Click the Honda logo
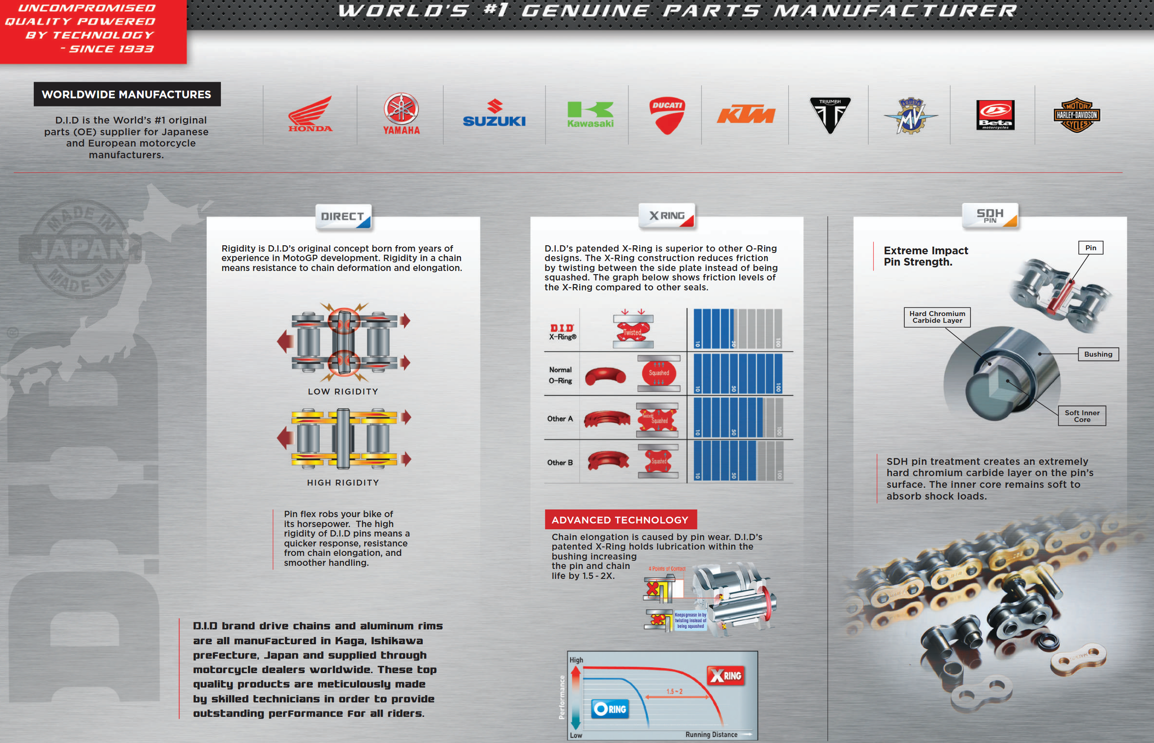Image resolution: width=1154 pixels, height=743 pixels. coord(310,114)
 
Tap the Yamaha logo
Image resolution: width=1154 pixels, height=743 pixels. coord(401,114)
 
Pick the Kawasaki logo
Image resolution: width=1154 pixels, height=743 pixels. coord(590,115)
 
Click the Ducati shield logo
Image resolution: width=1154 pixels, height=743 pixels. coord(667,115)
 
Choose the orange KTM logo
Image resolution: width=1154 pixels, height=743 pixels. coord(746,115)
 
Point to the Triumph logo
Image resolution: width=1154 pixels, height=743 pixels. coord(829,115)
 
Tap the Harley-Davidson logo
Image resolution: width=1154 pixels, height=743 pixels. coord(1076,115)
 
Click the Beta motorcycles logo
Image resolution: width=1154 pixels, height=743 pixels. coord(995,115)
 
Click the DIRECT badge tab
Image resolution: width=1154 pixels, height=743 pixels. coord(343,216)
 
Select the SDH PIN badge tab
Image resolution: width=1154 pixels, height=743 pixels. coord(990,216)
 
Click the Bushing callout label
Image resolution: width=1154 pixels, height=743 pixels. coord(1098,354)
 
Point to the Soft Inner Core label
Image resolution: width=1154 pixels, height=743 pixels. coord(1082,416)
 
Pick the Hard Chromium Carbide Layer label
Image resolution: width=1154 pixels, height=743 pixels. coord(937,317)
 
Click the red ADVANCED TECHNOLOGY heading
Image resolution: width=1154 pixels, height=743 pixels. coord(620,520)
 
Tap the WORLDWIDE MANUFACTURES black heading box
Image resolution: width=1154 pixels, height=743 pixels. coord(127,94)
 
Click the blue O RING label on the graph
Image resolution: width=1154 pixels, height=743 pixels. coord(610,709)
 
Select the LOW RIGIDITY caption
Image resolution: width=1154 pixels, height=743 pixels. coord(343,391)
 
